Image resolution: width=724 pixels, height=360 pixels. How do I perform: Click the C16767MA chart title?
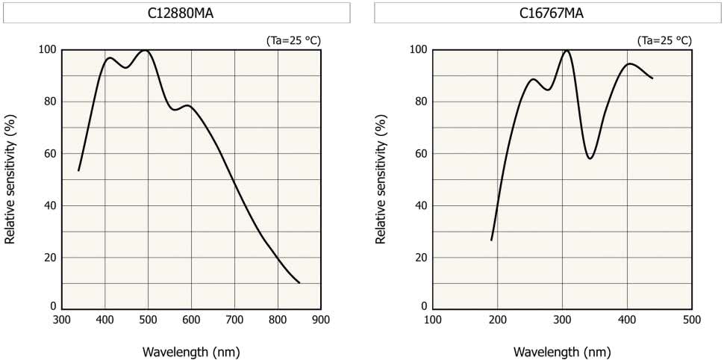pyautogui.click(x=548, y=13)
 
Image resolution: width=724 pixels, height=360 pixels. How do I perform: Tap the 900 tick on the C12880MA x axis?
pyautogui.click(x=321, y=320)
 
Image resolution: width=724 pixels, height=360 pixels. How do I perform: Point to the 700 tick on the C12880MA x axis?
pyautogui.click(x=234, y=320)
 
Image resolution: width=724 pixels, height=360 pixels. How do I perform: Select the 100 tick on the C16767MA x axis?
pyautogui.click(x=432, y=320)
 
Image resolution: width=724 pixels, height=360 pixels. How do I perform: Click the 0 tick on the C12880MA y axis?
pyautogui.click(x=53, y=306)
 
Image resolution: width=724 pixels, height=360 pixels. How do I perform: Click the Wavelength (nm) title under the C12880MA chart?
pyautogui.click(x=192, y=351)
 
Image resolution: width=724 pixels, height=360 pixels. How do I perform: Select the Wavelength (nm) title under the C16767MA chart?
pyautogui.click(x=562, y=351)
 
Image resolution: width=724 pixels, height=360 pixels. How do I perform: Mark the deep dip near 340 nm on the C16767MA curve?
pyautogui.click(x=590, y=158)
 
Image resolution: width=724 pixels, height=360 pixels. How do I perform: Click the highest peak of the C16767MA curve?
pyautogui.click(x=567, y=51)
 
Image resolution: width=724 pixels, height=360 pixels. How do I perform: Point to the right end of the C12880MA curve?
pyautogui.click(x=299, y=283)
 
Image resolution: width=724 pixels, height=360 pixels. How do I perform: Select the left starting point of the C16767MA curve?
pyautogui.click(x=491, y=240)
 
